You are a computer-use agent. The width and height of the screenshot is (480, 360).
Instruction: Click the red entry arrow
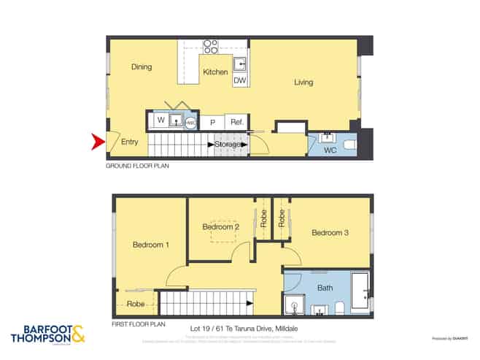click(98, 142)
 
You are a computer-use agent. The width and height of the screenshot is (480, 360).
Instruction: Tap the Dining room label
click(142, 67)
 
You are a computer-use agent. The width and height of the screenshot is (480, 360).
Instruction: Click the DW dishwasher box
click(239, 80)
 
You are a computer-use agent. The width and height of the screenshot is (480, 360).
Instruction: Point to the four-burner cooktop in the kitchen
click(211, 46)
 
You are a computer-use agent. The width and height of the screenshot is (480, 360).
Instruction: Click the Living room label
click(303, 82)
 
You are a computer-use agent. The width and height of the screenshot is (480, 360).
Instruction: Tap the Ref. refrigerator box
click(236, 123)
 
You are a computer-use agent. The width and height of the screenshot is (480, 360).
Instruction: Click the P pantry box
click(212, 123)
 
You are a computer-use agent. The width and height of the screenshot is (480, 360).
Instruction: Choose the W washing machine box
click(160, 120)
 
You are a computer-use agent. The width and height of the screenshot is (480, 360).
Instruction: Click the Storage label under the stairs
click(228, 145)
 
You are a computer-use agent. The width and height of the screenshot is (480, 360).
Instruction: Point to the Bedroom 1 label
click(151, 245)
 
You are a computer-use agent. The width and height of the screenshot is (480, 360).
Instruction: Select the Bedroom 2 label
click(221, 227)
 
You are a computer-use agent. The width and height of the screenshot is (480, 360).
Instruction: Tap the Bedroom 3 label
click(330, 233)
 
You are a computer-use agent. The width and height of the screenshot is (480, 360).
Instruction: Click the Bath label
click(325, 288)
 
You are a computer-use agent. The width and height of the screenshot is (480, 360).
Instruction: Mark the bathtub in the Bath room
click(360, 292)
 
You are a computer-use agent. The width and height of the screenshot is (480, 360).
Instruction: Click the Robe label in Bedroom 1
click(136, 303)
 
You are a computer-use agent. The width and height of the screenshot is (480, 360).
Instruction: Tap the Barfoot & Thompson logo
click(48, 334)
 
